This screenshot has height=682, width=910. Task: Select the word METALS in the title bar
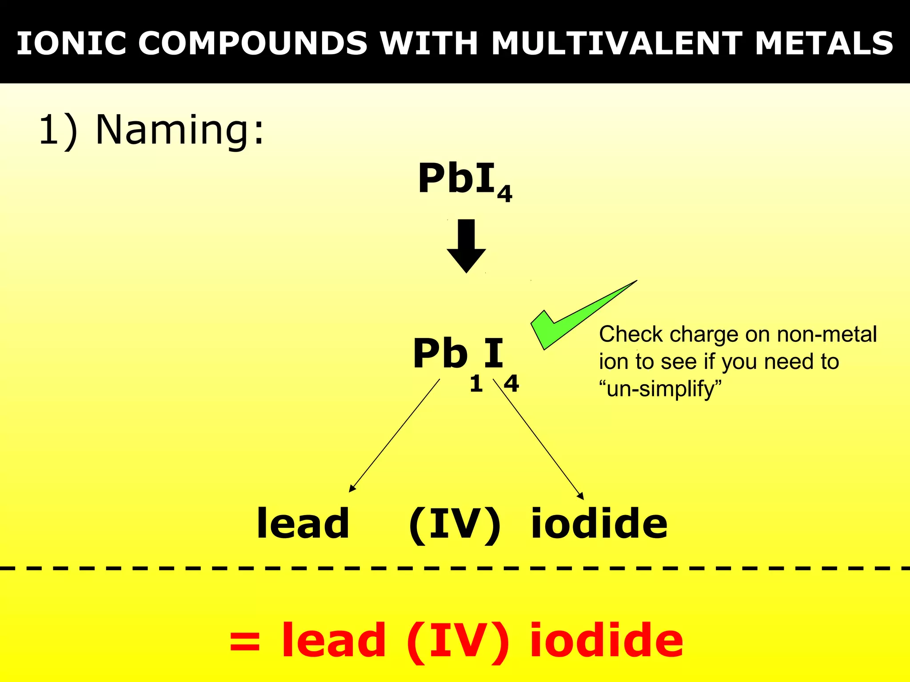coord(824,44)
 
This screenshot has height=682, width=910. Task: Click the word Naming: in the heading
coord(180,130)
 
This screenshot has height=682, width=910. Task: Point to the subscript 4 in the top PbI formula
coord(504,194)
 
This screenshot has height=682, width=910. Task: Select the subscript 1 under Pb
coord(476,384)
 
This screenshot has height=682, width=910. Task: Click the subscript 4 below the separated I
coord(511,384)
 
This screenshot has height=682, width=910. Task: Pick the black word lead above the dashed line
coord(303,523)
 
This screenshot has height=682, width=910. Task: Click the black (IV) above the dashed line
coord(455,524)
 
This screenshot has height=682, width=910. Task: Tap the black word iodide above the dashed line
coord(599,523)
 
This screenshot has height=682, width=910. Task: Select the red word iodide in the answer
coord(607,641)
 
